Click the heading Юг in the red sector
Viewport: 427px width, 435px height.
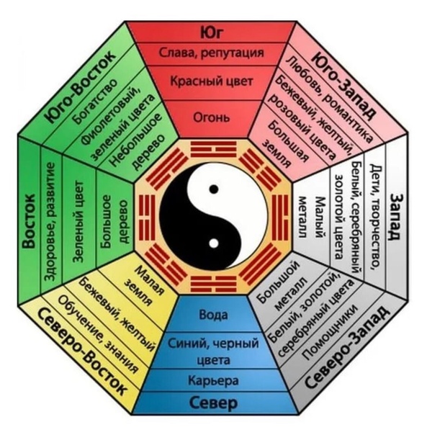click(212, 33)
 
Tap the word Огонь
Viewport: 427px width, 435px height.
click(212, 118)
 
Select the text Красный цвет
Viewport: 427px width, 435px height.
click(212, 81)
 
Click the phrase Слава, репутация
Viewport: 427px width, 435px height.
click(212, 53)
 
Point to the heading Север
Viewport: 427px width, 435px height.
click(213, 403)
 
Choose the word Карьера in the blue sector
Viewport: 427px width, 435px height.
click(213, 380)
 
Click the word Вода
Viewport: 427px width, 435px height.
click(213, 315)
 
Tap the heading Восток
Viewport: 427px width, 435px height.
click(29, 221)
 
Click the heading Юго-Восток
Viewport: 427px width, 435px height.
click(80, 87)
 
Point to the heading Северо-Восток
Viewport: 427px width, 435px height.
click(82, 351)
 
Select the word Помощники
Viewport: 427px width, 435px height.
click(329, 332)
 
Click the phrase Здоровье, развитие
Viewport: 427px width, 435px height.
click(51, 222)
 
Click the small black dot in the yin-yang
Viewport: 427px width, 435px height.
click(213, 189)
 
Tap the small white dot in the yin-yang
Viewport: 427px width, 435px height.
click(213, 243)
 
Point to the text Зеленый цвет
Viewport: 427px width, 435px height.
click(78, 222)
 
